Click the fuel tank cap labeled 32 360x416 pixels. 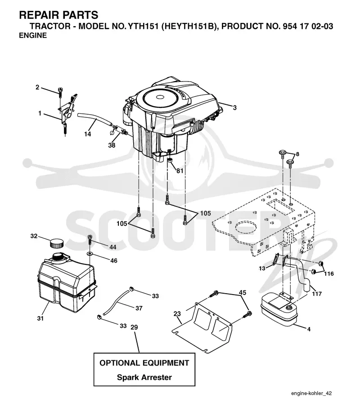click(57, 243)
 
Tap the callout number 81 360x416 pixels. click(180, 171)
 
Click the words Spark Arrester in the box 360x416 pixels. click(144, 377)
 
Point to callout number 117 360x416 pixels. click(317, 294)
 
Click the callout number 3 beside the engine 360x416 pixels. click(235, 108)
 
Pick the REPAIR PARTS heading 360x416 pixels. click(58, 15)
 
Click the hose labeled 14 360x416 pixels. click(95, 120)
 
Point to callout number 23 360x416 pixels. click(177, 314)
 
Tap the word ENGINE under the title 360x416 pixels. click(33, 35)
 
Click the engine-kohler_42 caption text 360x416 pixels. click(311, 393)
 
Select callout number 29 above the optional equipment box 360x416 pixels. click(135, 327)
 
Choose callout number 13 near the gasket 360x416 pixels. click(262, 268)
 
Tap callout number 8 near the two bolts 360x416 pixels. click(297, 154)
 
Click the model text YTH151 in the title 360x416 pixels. click(143, 26)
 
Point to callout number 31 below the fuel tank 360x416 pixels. click(40, 318)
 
